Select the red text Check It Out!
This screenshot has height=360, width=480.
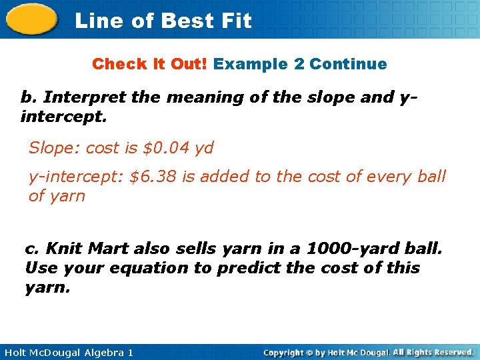(150, 64)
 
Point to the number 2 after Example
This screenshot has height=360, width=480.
(299, 64)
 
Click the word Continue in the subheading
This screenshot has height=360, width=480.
(348, 64)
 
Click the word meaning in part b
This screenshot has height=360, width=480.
(201, 97)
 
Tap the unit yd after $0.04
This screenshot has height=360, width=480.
(204, 148)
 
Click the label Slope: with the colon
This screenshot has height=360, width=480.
(54, 148)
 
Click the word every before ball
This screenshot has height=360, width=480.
(391, 177)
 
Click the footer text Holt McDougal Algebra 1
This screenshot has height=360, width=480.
(67, 352)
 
